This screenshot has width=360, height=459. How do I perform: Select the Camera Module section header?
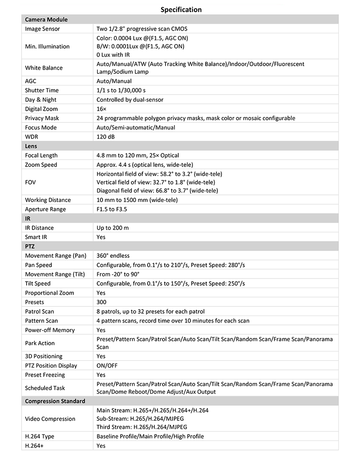tap(46, 20)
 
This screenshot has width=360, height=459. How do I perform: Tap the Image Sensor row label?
tap(42, 29)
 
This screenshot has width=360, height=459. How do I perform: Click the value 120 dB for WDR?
tap(106, 137)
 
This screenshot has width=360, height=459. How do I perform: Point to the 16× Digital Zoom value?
tap(102, 109)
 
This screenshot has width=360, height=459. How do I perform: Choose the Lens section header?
tap(31, 146)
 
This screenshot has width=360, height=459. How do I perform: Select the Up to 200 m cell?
tap(112, 228)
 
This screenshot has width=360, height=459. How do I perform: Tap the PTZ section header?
tap(30, 246)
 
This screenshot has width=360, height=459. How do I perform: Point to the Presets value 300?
tap(101, 302)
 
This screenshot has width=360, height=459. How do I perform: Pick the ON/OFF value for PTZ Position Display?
tap(107, 365)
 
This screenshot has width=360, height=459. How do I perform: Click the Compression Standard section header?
tap(55, 401)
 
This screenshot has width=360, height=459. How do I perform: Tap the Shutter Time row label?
tap(42, 90)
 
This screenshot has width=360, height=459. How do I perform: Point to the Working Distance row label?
tap(48, 200)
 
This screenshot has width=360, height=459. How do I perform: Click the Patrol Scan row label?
tap(40, 311)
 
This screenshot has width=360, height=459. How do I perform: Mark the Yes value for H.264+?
tap(101, 445)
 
